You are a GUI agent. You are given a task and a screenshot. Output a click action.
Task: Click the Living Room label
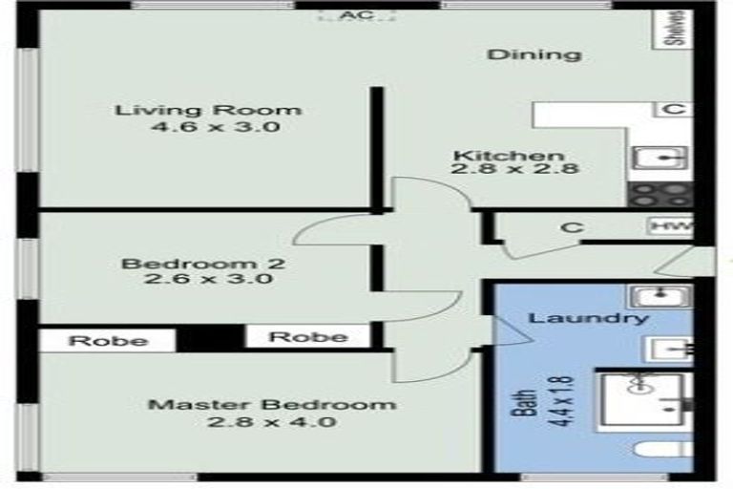point(208,109)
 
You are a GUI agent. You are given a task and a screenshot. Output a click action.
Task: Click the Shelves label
point(675,29)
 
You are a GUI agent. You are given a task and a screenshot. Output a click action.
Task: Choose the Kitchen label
point(508,156)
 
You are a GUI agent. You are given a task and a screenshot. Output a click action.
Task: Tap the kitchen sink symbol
point(658,159)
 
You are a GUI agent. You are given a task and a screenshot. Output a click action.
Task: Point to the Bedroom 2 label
point(203,263)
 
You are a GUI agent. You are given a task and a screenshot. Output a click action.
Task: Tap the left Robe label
point(108,341)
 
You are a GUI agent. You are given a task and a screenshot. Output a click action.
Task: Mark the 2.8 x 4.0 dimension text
point(271,421)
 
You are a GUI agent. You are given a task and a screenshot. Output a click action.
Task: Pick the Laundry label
point(589,319)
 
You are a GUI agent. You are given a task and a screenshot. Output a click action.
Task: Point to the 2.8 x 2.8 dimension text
point(516,172)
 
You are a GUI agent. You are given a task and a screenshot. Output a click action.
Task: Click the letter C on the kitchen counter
point(673,109)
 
